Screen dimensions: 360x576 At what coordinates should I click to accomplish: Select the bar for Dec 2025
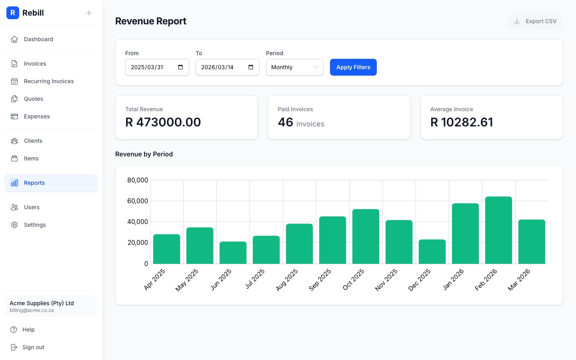tap(432, 252)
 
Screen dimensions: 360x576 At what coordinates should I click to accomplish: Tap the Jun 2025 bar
tap(233, 253)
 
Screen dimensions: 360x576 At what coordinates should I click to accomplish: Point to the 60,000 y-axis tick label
tap(138, 201)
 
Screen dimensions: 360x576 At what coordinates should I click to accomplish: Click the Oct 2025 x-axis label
tap(354, 279)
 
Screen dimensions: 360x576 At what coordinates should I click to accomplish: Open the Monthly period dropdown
tap(294, 67)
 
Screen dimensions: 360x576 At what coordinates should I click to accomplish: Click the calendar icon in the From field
tap(180, 67)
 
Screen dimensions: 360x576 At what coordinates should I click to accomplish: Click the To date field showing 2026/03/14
tap(222, 67)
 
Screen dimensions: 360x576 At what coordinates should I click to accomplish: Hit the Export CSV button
tap(535, 21)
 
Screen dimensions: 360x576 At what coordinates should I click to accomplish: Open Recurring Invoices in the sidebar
tap(49, 81)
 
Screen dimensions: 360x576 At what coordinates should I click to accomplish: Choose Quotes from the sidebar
tap(34, 99)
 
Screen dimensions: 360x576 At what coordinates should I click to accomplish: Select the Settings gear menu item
tap(35, 225)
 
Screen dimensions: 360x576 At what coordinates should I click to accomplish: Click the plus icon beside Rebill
tap(89, 13)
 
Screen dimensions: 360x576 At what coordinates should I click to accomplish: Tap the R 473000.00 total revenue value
tap(163, 122)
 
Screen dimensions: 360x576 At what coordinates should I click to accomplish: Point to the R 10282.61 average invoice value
tap(462, 122)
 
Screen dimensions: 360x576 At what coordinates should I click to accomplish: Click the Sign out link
tap(33, 347)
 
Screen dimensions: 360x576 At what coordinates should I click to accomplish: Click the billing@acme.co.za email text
tap(32, 310)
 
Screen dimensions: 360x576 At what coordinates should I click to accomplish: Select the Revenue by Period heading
tap(144, 154)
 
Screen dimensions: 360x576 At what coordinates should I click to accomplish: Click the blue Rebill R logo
tap(13, 13)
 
